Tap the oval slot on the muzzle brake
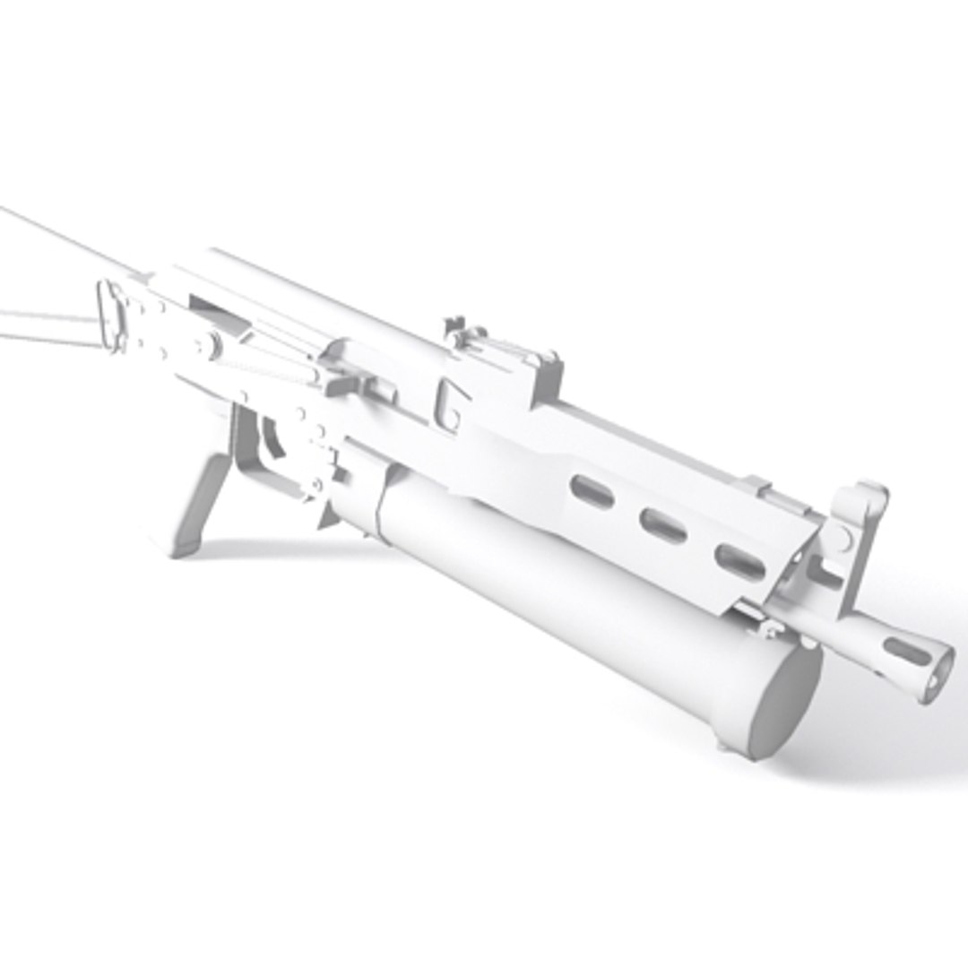click(906, 651)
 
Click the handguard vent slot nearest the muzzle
click(740, 560)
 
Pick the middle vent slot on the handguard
click(664, 526)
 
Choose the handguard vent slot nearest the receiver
click(592, 491)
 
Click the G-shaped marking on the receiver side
click(450, 404)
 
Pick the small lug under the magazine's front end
click(724, 742)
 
